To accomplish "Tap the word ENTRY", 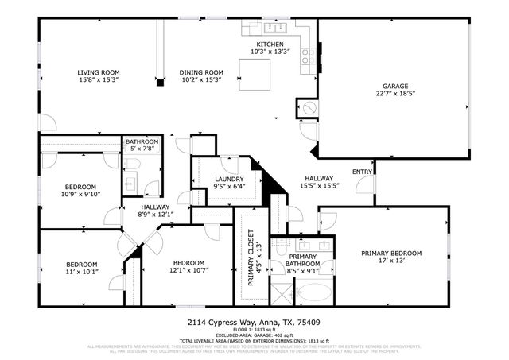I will point(361,172).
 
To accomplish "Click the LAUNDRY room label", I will point(229,180).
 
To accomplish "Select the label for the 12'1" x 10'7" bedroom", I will point(188,263).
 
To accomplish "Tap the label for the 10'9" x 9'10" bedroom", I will point(80,185).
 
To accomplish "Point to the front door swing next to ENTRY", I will point(366,184).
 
